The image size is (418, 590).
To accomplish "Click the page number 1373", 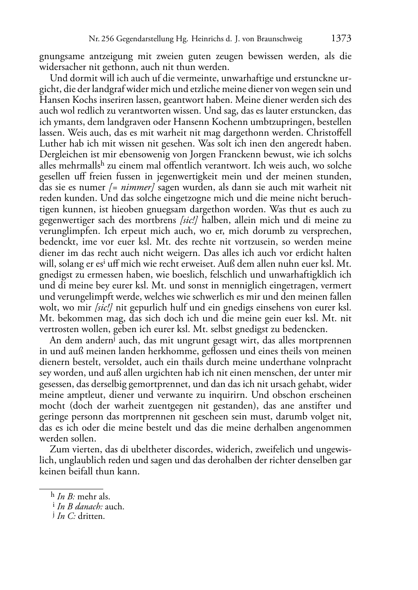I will point(341,39).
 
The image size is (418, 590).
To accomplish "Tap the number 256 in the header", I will point(108,40).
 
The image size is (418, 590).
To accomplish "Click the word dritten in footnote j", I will point(91,516).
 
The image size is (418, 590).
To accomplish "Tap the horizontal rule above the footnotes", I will point(71,488).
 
